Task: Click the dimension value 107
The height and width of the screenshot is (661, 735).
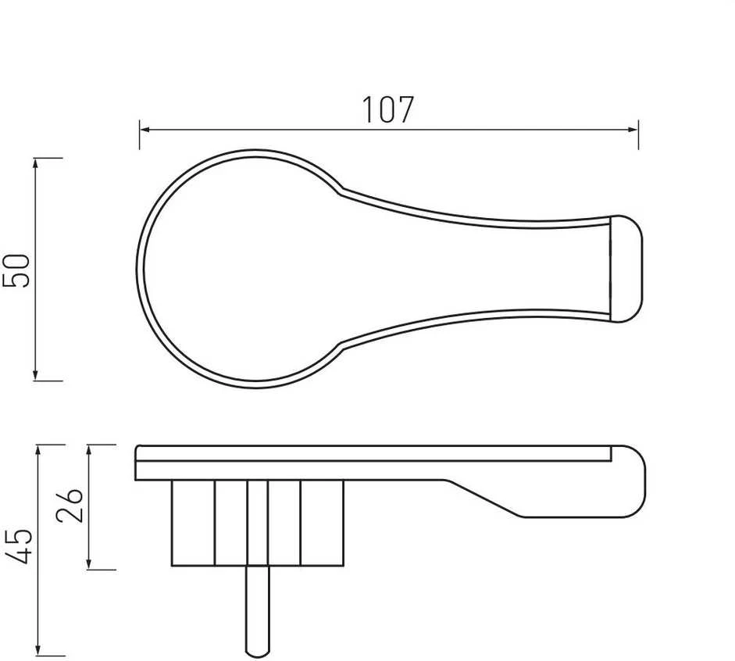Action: (388, 109)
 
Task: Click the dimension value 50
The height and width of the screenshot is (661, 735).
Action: (16, 270)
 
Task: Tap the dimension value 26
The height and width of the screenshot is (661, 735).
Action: (69, 505)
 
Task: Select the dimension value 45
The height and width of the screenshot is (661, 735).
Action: (18, 546)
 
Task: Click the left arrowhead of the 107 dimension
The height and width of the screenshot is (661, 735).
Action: (145, 130)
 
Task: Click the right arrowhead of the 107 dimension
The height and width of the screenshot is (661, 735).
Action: (633, 130)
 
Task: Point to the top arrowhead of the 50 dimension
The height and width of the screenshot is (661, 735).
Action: (35, 163)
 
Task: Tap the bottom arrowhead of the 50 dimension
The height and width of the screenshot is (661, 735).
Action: (35, 375)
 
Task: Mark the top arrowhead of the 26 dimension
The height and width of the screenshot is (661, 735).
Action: (89, 451)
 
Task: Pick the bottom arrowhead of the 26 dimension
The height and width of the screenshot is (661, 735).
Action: (89, 564)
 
